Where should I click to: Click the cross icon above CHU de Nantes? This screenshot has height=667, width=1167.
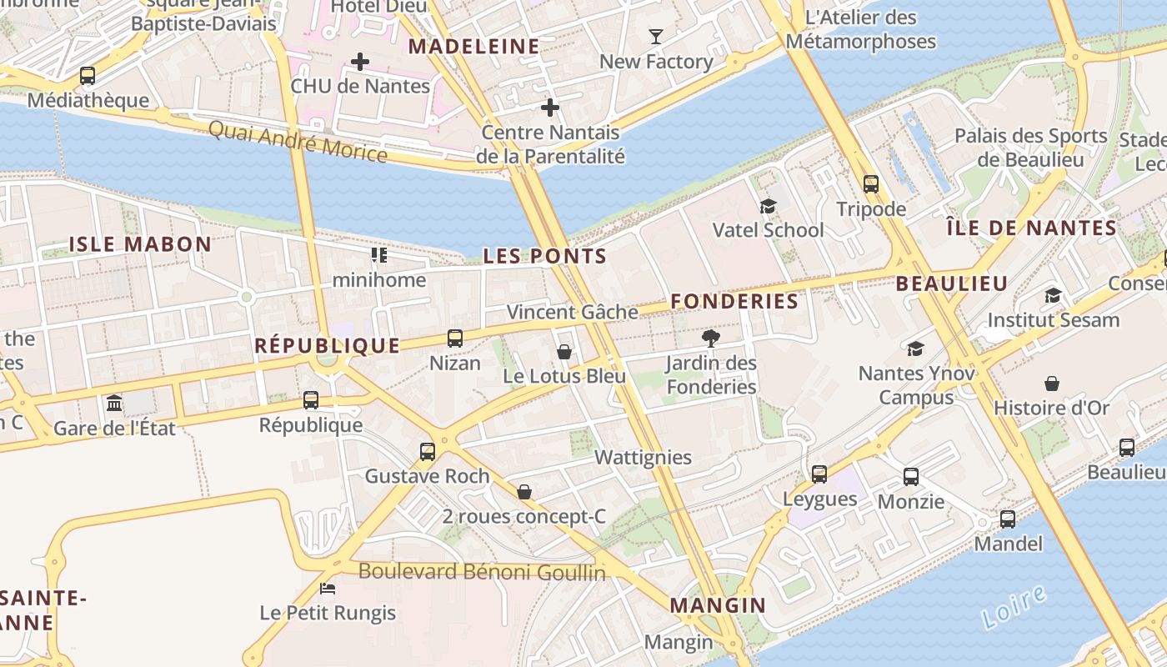(360, 62)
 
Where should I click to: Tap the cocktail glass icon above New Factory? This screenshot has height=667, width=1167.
(656, 37)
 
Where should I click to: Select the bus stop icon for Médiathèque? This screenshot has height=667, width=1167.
(88, 76)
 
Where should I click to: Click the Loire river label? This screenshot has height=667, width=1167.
(1014, 606)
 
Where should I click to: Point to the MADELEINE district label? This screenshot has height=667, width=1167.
(473, 47)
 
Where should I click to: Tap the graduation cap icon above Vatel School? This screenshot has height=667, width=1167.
(768, 206)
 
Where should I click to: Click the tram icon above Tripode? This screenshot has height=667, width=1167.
(871, 184)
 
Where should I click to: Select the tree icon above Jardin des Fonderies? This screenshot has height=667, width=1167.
(711, 338)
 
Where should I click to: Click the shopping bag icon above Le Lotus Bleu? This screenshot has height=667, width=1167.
(564, 352)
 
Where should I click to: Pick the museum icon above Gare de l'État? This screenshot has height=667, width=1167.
(114, 404)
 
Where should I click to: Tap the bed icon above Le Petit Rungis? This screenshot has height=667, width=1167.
(328, 589)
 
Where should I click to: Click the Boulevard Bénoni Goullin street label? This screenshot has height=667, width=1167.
(482, 572)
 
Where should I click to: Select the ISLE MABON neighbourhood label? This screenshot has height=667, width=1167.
(140, 244)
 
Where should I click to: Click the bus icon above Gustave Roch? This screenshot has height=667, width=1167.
(428, 452)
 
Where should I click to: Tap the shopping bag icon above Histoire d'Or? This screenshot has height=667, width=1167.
(1052, 384)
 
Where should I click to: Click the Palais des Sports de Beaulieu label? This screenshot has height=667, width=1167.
(1030, 148)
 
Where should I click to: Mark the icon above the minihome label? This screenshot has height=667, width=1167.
(379, 254)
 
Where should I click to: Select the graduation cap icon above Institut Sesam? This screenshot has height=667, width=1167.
(1053, 295)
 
